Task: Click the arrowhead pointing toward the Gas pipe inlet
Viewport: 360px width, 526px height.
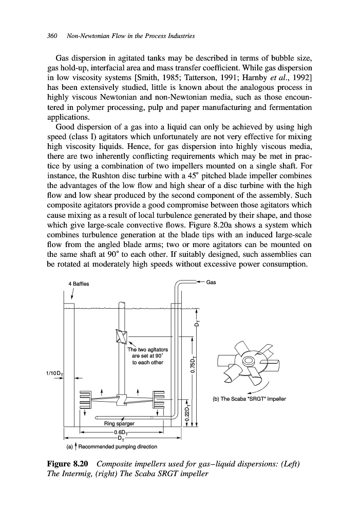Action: click(200, 282)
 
